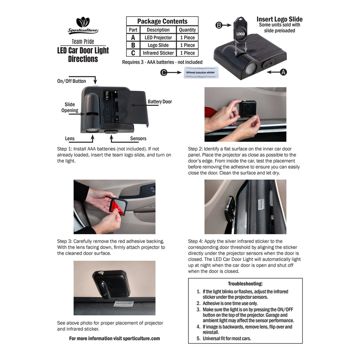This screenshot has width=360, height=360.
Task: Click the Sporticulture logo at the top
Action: point(83,25)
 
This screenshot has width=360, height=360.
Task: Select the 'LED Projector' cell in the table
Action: point(158,37)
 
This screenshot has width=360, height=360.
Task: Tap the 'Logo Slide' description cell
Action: point(158,45)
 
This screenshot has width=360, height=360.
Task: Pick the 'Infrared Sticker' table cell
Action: point(158,53)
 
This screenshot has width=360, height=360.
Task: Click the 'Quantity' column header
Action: point(187,30)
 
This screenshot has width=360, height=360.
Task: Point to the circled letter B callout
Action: point(219,25)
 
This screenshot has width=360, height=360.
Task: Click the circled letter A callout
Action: point(284,72)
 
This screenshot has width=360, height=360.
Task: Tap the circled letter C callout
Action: point(164,72)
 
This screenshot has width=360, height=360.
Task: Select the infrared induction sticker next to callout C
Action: point(201,72)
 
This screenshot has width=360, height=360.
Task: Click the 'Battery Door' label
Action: point(160,102)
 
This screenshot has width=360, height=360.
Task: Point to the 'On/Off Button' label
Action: point(72,81)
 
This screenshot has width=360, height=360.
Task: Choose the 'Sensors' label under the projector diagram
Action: point(138,139)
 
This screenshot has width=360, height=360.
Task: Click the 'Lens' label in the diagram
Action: point(70,139)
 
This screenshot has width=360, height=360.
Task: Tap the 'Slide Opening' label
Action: point(70,108)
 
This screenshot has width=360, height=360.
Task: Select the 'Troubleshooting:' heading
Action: point(245,284)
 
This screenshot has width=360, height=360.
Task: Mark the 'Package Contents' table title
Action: point(162,21)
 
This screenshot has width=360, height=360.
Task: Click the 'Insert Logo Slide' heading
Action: point(279,19)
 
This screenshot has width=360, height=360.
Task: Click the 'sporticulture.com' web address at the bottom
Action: point(141,339)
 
